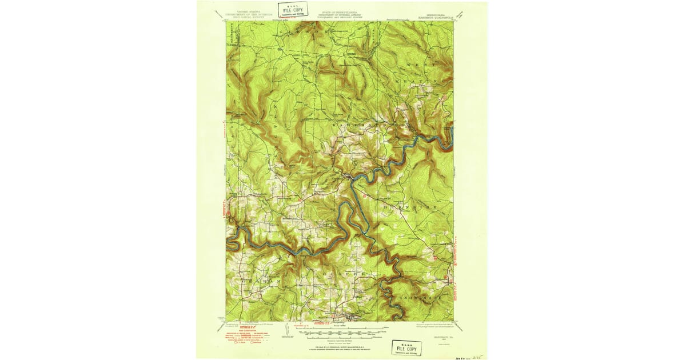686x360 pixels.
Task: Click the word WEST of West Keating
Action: (x=420, y=67)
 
